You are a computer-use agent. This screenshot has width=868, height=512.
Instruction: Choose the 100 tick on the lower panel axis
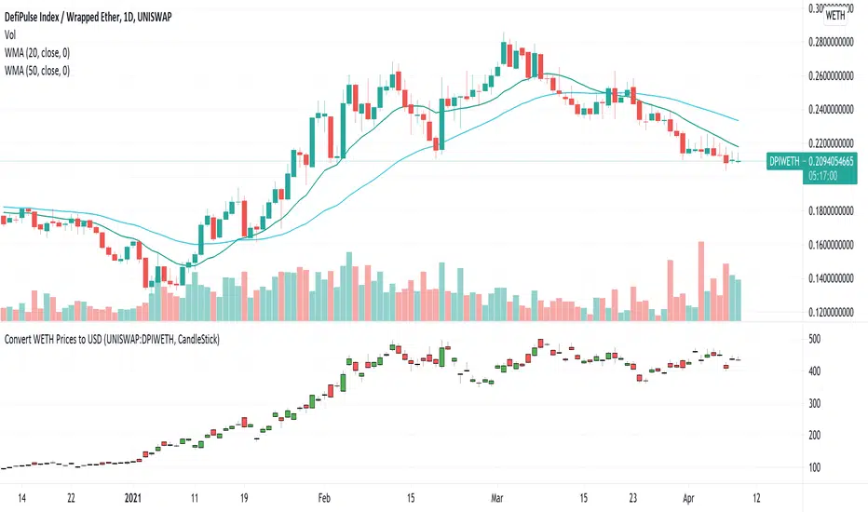click(815, 467)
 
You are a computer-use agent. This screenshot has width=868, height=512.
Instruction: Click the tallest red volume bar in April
click(699, 282)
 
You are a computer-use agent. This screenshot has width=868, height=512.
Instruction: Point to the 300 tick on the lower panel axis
click(815, 403)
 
